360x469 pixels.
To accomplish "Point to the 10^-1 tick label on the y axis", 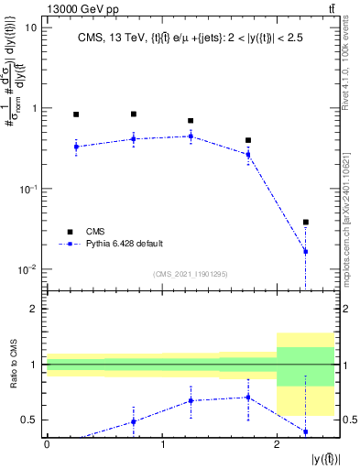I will point(28,189).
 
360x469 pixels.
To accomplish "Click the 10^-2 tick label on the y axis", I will point(28,269).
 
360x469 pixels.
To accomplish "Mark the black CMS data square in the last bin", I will point(306,222).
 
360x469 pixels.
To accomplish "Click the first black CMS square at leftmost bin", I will point(76,115).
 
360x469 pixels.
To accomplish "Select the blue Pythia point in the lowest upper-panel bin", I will point(306,251).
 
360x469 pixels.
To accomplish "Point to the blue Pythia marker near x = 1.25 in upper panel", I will point(191,136).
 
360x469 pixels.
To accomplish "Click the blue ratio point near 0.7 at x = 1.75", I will point(248,397).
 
